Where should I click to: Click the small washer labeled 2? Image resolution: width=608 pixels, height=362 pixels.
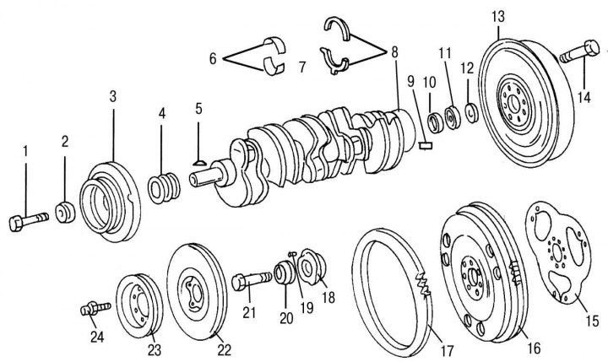65,210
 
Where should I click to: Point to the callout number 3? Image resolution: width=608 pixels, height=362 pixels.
113,96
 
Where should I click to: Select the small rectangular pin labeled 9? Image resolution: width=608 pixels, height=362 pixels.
426,143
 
